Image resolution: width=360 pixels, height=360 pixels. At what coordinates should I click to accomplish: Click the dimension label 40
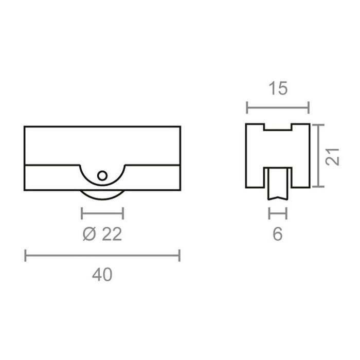(x=102, y=275)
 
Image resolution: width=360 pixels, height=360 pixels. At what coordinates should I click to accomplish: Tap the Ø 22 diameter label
(x=102, y=235)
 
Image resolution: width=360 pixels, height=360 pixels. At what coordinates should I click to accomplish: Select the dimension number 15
(x=278, y=89)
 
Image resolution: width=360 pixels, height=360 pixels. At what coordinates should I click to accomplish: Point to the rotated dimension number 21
(x=335, y=156)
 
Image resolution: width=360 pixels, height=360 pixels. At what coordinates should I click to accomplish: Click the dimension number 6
(x=278, y=235)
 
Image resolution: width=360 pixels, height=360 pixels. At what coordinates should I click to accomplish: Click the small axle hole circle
(x=102, y=176)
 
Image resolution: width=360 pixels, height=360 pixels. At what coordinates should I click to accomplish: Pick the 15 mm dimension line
(x=278, y=108)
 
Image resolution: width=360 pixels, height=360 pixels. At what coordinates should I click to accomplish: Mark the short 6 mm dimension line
(x=278, y=212)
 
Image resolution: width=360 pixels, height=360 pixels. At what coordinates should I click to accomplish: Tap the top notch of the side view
(x=278, y=127)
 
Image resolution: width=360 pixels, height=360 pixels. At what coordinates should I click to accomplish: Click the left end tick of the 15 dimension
(x=247, y=108)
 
